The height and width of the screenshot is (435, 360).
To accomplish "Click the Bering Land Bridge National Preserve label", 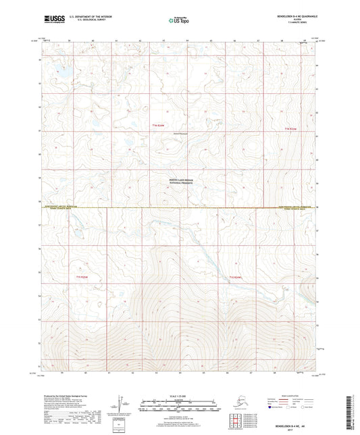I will tap(179, 182).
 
